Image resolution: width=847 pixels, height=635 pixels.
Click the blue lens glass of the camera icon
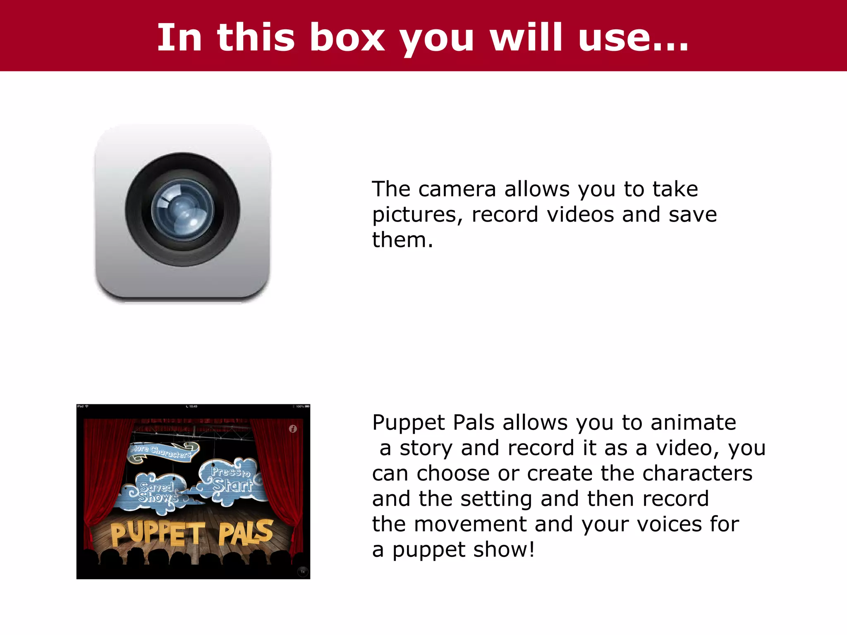tap(183, 210)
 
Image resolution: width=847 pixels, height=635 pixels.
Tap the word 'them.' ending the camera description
tap(402, 240)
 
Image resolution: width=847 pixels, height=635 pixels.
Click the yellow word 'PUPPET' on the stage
tap(157, 533)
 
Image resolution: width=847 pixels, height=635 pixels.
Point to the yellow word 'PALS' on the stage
tap(246, 532)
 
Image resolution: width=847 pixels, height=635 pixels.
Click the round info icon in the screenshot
tap(293, 429)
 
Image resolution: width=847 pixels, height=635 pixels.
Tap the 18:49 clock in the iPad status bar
tap(193, 406)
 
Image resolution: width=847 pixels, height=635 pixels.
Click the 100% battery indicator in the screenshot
tap(302, 406)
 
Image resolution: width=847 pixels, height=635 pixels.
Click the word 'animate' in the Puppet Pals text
tap(693, 423)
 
